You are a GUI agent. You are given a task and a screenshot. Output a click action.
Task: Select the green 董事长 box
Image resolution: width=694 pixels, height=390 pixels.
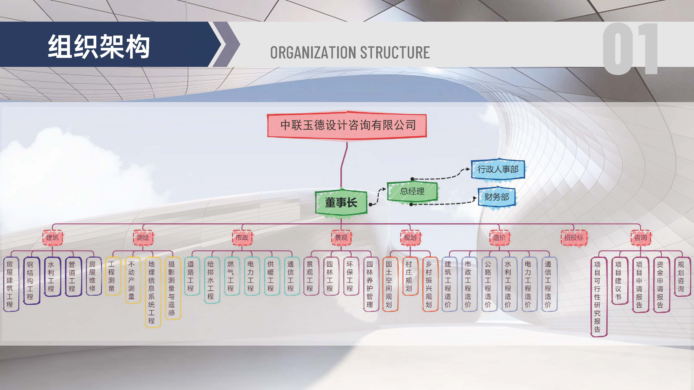tap(341, 202)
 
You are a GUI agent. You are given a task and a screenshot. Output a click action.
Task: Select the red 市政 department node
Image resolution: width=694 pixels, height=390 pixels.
tap(242, 237)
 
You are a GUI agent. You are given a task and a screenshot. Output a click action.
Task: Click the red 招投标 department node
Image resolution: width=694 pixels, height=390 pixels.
tap(574, 237)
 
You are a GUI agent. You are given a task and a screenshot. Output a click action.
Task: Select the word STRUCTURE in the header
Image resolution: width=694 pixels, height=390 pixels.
tap(395, 53)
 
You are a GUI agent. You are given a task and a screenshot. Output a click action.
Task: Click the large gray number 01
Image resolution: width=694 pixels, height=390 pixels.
tap(630, 49)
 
